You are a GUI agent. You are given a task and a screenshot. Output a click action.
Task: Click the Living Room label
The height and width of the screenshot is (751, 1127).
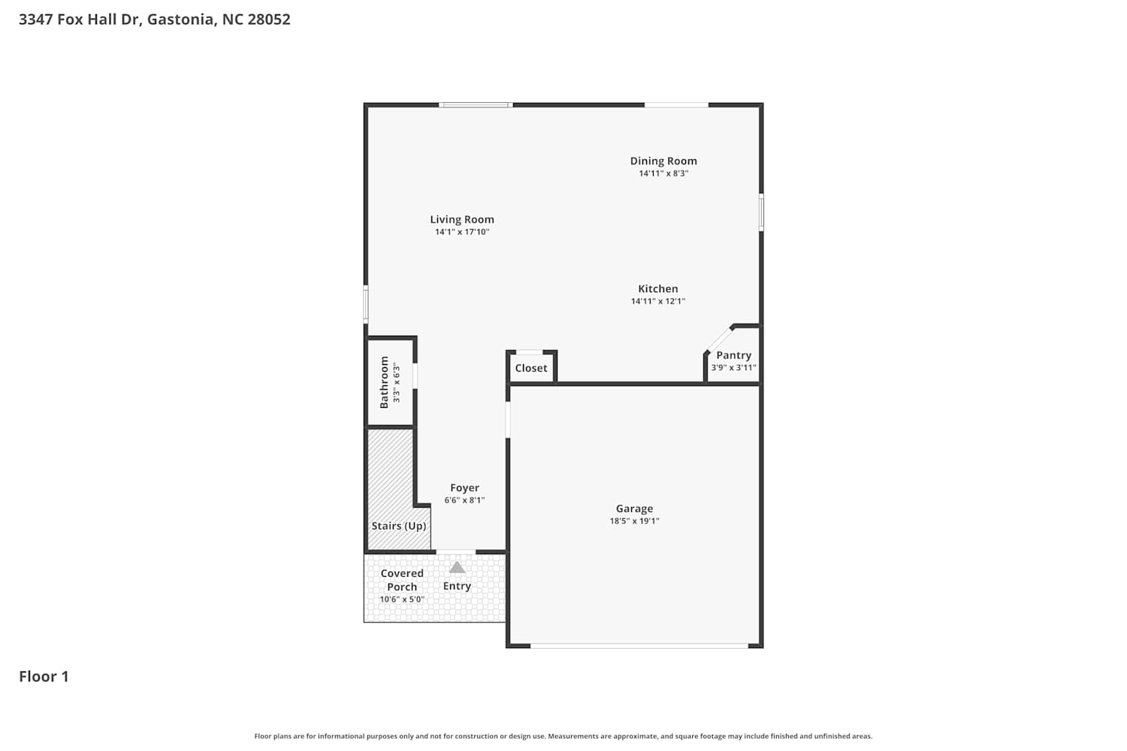[x=462, y=219]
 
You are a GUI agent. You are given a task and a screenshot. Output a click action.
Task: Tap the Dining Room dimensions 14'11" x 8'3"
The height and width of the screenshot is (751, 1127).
[x=663, y=173]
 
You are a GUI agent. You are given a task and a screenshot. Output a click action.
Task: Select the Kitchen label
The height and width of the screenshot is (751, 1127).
[x=658, y=288]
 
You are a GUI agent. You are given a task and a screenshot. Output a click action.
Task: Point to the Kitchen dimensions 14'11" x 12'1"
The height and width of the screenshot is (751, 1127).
[x=658, y=301]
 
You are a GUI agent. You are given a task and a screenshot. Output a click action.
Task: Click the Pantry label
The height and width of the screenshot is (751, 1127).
[x=733, y=355]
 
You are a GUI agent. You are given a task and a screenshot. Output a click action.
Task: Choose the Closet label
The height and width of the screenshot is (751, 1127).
[x=530, y=368]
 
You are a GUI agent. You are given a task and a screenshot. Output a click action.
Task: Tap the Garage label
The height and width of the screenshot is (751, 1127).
[x=634, y=508]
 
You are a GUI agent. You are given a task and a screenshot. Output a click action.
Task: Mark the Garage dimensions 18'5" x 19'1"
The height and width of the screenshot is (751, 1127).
[x=634, y=521]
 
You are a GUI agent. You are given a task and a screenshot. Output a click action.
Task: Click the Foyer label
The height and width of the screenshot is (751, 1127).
[x=464, y=488]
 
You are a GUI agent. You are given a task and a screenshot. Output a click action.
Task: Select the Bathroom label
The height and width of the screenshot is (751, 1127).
[x=384, y=382]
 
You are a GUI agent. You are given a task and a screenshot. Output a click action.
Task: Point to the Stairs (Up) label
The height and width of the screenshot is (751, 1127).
[x=398, y=526]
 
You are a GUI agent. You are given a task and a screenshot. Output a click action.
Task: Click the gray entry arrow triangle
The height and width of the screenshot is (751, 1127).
[x=457, y=568]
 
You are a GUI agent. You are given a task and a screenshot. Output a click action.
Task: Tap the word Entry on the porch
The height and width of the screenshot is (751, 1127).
[x=457, y=586]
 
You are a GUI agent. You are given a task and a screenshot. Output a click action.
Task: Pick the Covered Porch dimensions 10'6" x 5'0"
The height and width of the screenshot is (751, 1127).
[x=402, y=599]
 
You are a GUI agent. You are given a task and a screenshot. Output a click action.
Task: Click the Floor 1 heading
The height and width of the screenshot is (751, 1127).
[x=44, y=677]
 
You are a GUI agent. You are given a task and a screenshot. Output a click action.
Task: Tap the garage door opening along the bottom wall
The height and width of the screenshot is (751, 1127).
[x=639, y=646]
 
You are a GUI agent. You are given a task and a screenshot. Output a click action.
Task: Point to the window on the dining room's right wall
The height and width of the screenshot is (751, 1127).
[x=761, y=213]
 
